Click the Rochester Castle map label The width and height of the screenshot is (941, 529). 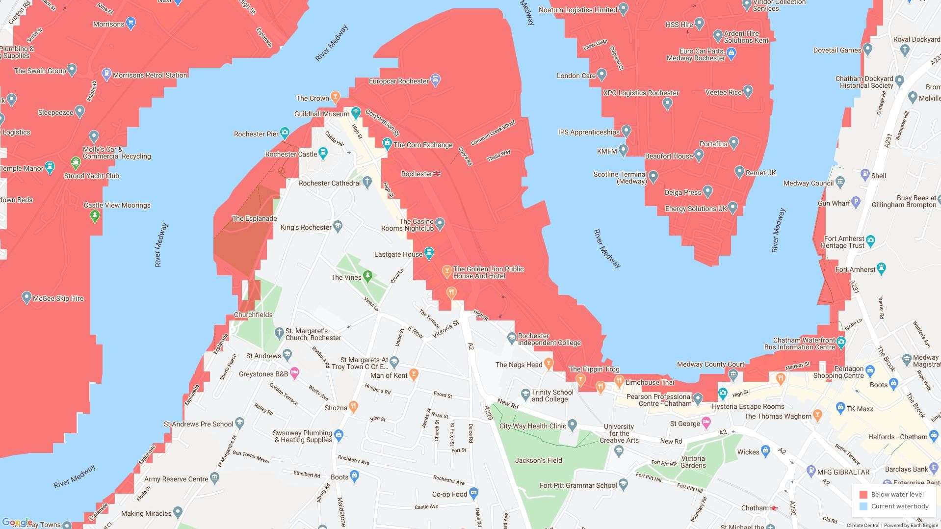pos(291,154)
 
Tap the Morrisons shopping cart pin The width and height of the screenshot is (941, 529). pos(130,23)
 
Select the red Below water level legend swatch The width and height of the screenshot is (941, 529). pos(863,495)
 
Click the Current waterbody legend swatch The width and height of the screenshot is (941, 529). pos(863,506)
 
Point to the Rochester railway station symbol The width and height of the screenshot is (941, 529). pos(437,174)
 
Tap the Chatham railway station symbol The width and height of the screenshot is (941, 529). pos(774,508)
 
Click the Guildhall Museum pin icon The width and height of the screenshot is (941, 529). pos(356,113)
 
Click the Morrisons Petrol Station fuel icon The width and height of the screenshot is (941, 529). pos(106,74)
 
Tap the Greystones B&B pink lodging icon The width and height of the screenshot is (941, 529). pos(294,373)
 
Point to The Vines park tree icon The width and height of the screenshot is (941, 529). pos(367,276)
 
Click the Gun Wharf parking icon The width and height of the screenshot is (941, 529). pos(856,201)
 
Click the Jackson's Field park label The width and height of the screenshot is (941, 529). pos(538,460)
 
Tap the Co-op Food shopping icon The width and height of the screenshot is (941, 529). pos(473,493)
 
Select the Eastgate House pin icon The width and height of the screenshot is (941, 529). pos(429,253)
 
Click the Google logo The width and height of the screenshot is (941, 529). pos(17,523)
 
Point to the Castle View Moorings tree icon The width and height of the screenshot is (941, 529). pos(95,215)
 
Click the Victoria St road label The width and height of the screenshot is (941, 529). pos(445,329)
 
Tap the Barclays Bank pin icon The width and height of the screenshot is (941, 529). pos(935,468)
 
